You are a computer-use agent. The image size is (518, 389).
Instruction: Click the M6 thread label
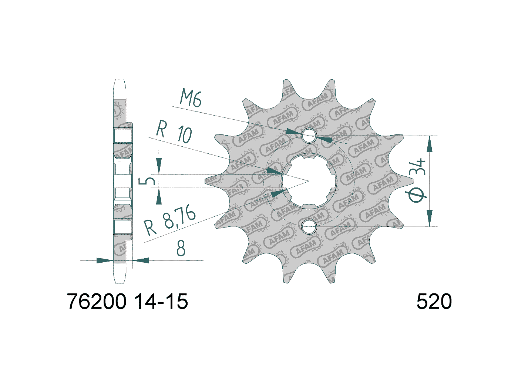point(191,99)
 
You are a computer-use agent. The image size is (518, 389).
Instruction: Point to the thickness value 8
point(181,249)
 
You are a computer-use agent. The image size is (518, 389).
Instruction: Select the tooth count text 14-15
point(161,302)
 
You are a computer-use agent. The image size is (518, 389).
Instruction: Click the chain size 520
point(434,302)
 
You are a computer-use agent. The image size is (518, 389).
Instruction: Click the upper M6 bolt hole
point(309,136)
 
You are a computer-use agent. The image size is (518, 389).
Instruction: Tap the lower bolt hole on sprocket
point(309,226)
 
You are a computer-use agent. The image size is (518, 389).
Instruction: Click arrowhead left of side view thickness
point(104,260)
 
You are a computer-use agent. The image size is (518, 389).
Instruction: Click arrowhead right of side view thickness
point(141,260)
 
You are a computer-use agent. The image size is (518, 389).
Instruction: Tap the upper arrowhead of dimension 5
point(159,165)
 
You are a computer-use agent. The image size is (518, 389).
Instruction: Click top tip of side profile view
point(120,80)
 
